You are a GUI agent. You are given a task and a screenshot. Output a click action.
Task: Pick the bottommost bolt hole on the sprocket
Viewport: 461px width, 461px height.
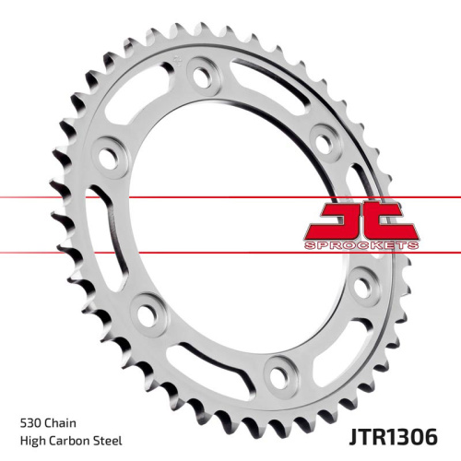[276, 373]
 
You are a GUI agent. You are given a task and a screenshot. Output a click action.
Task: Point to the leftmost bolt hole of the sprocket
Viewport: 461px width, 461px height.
[108, 149]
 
